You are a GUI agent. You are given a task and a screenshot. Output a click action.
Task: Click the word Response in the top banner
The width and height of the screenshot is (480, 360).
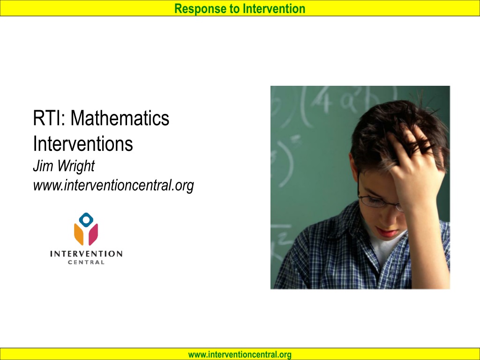(201, 9)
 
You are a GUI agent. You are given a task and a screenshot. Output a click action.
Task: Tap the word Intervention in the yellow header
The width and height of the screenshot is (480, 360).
(274, 8)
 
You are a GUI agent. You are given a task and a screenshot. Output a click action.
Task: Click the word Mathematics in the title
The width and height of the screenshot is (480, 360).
(120, 118)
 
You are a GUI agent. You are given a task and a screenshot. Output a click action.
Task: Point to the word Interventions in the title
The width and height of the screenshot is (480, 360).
(83, 143)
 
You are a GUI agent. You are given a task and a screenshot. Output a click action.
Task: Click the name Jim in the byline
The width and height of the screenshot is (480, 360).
(43, 166)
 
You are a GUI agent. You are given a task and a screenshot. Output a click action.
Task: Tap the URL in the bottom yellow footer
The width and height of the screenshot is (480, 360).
(240, 354)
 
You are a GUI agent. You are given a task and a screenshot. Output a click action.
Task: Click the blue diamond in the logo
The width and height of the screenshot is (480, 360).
(86, 219)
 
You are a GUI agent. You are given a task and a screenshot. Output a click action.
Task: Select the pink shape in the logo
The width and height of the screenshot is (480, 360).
(93, 234)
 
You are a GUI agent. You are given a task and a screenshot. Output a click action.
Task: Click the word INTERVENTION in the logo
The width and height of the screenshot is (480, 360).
(86, 254)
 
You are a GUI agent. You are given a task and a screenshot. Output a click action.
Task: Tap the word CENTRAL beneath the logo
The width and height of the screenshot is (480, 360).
(86, 262)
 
